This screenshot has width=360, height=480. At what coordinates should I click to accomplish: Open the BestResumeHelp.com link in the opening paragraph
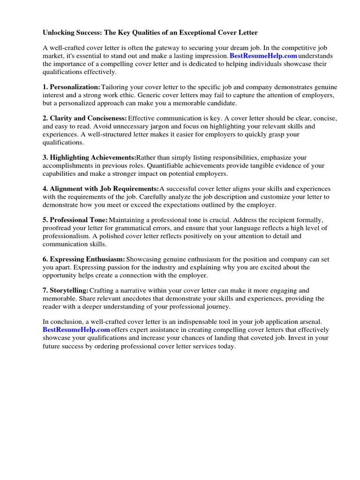pyautogui.click(x=263, y=56)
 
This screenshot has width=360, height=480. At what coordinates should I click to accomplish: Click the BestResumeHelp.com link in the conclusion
pyautogui.click(x=76, y=330)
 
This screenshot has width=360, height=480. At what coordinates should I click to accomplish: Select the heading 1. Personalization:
pyautogui.click(x=71, y=87)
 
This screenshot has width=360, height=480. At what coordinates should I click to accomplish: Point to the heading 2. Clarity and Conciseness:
pyautogui.click(x=85, y=119)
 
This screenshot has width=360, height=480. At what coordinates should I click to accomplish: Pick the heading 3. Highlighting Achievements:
pyautogui.click(x=89, y=157)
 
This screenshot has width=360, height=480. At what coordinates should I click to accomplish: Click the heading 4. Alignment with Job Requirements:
pyautogui.click(x=101, y=189)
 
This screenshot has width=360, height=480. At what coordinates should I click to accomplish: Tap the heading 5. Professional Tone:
pyautogui.click(x=75, y=220)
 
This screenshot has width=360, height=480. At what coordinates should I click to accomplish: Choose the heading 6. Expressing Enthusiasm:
pyautogui.click(x=84, y=259)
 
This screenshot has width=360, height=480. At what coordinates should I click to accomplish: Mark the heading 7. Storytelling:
pyautogui.click(x=66, y=291)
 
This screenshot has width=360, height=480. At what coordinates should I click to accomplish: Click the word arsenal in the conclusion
pyautogui.click(x=310, y=322)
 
